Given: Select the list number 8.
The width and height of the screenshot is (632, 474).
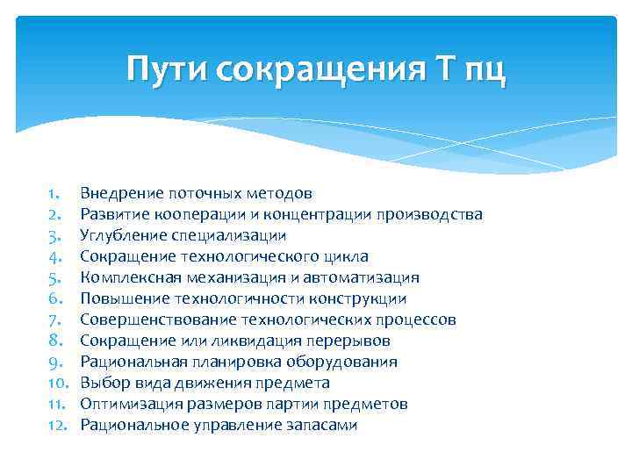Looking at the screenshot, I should [53, 341].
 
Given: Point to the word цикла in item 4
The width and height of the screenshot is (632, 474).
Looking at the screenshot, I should [348, 256].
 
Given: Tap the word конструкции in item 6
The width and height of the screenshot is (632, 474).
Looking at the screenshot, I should [362, 298].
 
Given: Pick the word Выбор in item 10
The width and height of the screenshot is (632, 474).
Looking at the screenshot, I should [102, 383].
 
